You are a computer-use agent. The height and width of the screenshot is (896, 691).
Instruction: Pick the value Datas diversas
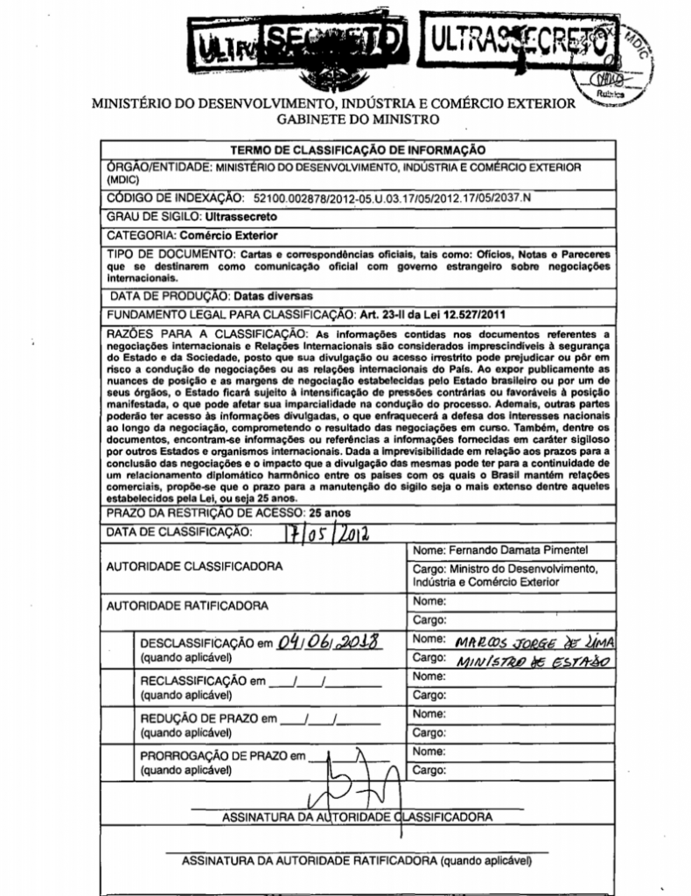tap(273, 295)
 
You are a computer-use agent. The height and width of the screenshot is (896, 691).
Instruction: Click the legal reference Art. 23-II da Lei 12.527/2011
tap(432, 313)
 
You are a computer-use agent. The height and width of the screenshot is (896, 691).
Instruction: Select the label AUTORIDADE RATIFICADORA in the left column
tap(187, 605)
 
